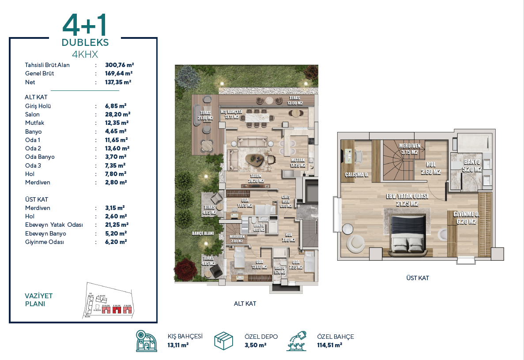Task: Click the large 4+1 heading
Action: (85, 26)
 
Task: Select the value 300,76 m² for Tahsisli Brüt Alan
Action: (119, 65)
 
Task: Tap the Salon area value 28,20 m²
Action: (117, 114)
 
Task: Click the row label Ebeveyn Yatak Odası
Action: (54, 225)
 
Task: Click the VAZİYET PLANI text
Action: (39, 300)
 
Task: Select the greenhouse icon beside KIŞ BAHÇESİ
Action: (147, 341)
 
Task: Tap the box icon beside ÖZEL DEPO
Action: (224, 341)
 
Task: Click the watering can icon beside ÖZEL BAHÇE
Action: (297, 341)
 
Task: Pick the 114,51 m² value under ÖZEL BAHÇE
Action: (329, 345)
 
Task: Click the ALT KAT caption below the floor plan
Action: (245, 304)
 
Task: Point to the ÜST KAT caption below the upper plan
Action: (417, 278)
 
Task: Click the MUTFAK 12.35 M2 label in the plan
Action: (298, 163)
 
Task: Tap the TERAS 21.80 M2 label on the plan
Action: (206, 116)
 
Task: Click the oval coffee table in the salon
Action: (255, 159)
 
